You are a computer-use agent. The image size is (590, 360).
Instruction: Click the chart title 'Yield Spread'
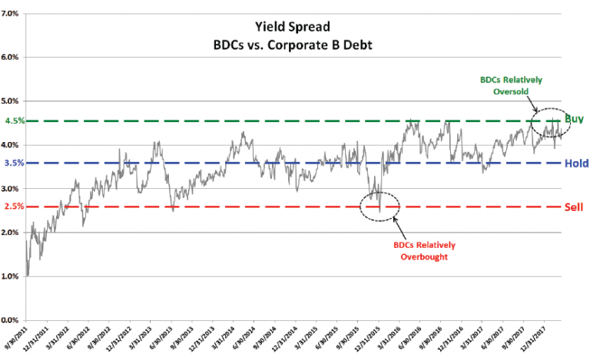294,26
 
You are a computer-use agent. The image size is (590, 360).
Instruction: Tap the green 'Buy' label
575,119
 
